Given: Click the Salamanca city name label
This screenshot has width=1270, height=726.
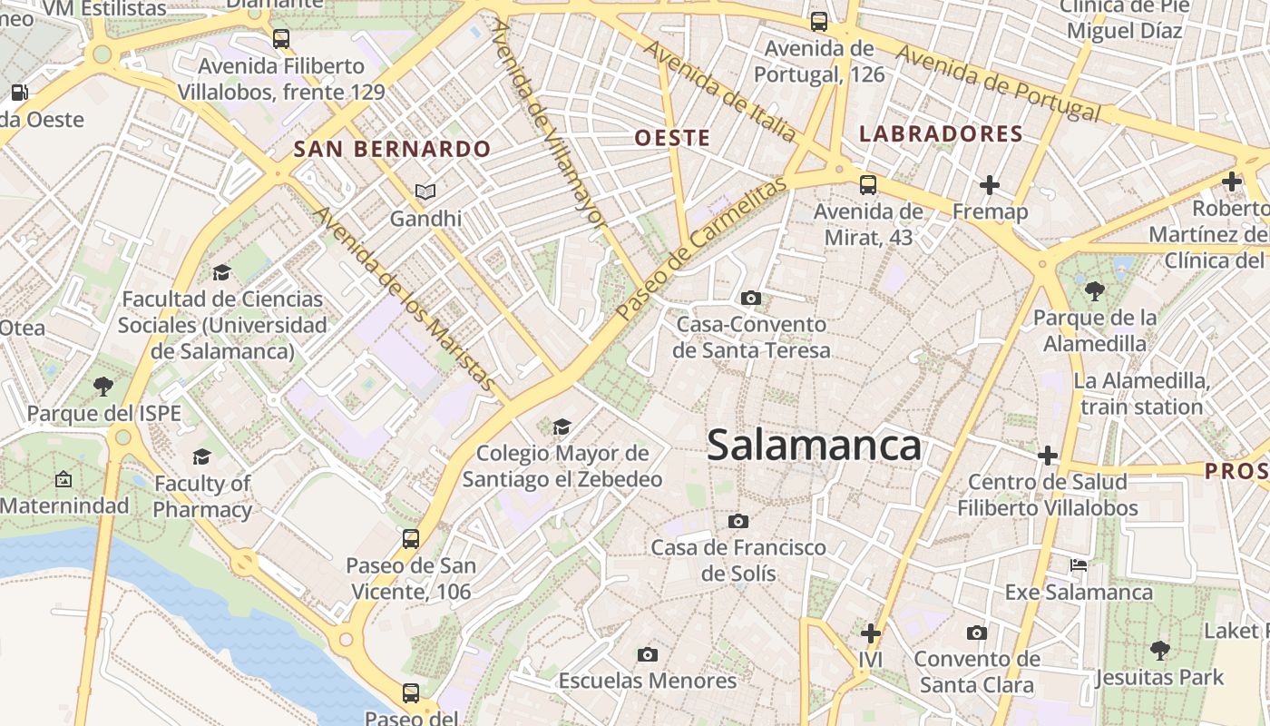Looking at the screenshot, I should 814,446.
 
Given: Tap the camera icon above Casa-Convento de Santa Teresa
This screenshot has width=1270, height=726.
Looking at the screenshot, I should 750,298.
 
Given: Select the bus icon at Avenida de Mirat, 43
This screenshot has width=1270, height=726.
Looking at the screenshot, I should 868,185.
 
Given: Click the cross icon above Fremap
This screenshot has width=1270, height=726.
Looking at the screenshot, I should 990,185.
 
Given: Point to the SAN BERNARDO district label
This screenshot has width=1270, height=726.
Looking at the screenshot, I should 392,150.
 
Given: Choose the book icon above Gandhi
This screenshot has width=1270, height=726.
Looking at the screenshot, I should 425,191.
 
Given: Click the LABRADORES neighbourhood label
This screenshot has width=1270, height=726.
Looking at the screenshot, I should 941,134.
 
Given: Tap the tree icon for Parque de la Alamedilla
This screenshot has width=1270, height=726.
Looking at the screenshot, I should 1095,291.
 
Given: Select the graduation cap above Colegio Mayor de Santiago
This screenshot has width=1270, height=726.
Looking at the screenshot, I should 562,427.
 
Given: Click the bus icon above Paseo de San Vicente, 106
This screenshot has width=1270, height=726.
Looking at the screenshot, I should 411,539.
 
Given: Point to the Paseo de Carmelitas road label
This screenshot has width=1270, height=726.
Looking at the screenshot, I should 699,248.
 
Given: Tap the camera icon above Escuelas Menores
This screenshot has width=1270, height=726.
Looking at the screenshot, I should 647,654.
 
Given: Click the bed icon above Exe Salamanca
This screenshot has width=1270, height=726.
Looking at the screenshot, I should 1079,565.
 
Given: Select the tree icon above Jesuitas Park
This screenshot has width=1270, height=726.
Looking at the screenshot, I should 1159,650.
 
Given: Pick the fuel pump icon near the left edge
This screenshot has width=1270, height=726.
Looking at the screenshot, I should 18,92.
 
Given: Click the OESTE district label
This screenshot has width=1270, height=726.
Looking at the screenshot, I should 672,138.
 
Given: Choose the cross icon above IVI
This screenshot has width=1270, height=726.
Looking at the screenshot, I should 871,633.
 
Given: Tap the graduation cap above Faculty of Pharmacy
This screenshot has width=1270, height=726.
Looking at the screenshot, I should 201,456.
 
